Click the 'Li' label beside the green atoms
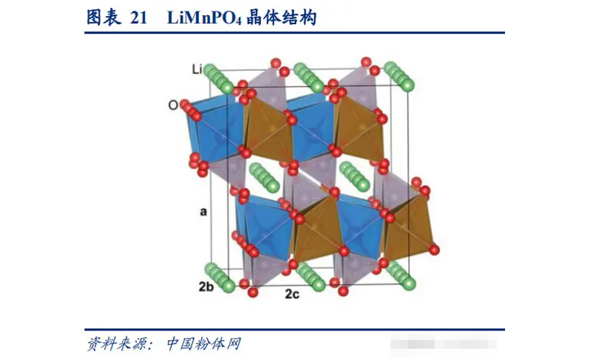(197, 70)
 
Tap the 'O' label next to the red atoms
(173, 105)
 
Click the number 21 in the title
(137, 18)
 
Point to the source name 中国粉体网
(204, 343)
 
